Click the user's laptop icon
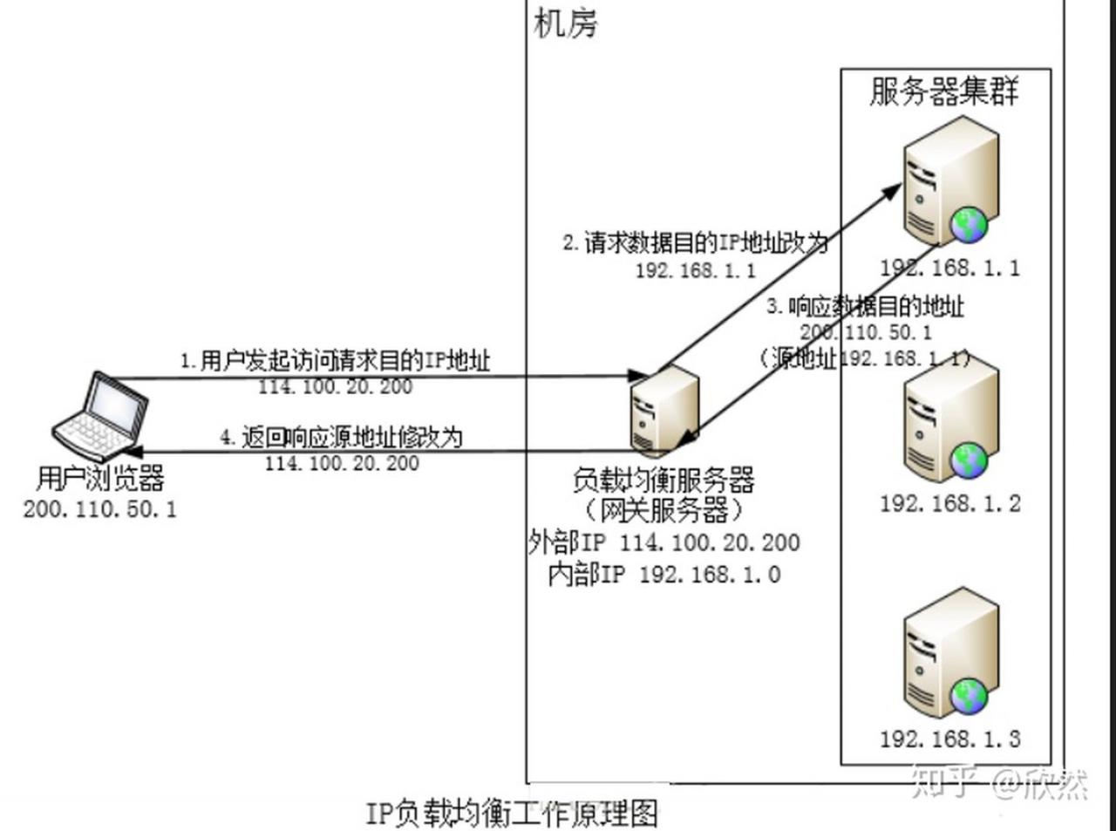click(98, 416)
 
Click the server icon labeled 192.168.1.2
click(949, 425)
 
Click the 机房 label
click(566, 24)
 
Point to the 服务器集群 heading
click(944, 91)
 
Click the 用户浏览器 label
click(100, 478)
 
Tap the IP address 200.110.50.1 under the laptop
click(100, 508)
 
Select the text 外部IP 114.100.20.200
click(663, 542)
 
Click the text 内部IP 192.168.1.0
click(663, 574)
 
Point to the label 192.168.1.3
click(949, 739)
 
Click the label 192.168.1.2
click(949, 503)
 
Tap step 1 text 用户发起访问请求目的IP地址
click(336, 360)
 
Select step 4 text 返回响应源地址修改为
click(341, 437)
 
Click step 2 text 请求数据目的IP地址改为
click(695, 242)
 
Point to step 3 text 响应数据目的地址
click(865, 306)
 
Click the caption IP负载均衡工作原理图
click(512, 813)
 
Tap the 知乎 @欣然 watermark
click(999, 781)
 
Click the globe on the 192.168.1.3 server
click(969, 697)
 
